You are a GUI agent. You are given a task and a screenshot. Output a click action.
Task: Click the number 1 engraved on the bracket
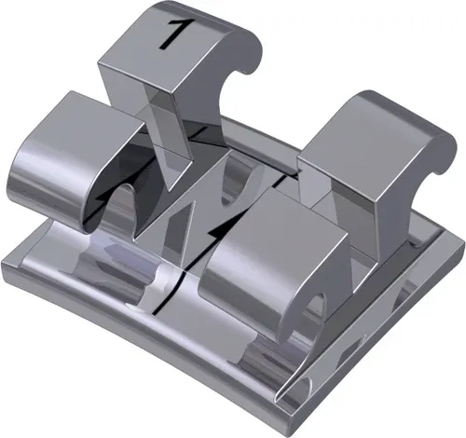coord(173,32)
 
